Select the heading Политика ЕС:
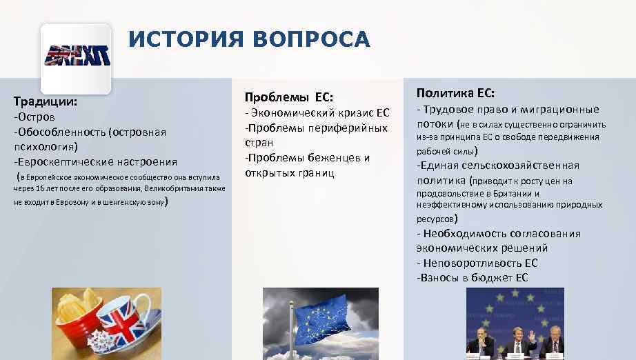[x=455, y=92]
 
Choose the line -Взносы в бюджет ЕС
[x=473, y=278]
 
